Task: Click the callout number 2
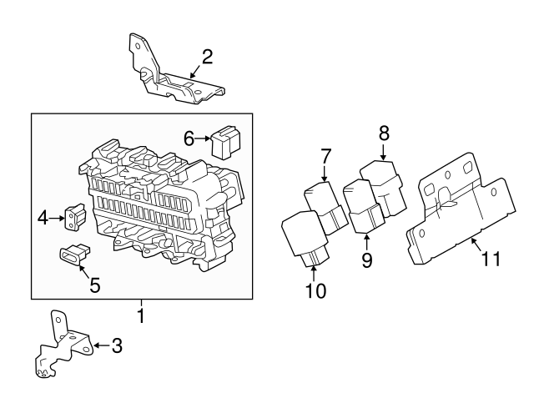coord(207,57)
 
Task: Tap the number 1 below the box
coord(141,316)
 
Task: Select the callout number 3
coord(117,345)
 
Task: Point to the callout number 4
coord(43,220)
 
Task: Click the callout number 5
coord(94,285)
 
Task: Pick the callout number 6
coord(189,139)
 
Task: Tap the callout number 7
coord(326,155)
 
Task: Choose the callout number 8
coord(384,132)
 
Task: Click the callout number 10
coord(316,290)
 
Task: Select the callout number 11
coord(491,259)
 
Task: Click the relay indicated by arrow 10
coord(303,236)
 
